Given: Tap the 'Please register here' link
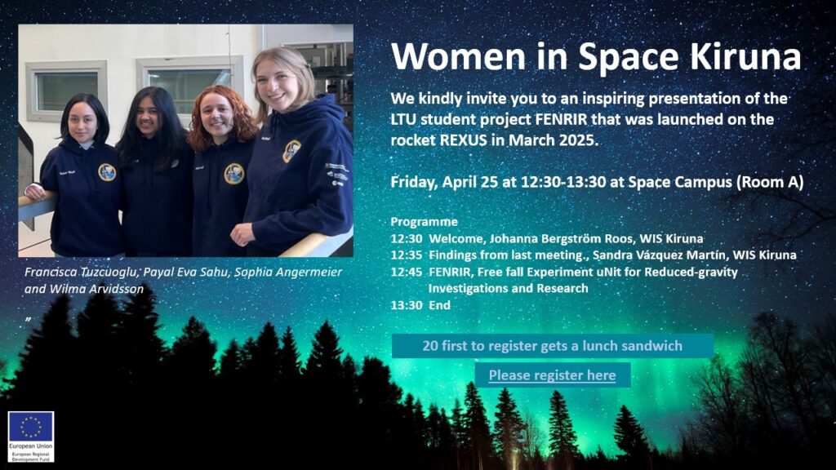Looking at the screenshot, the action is pyautogui.click(x=553, y=375).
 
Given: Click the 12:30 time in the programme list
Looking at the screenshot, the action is pyautogui.click(x=407, y=239).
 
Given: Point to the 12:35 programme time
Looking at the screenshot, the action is pyautogui.click(x=407, y=255).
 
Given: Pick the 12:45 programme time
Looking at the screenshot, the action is pyautogui.click(x=407, y=273).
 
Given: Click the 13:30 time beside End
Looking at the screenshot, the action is pyautogui.click(x=407, y=305).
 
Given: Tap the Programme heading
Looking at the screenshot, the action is pyautogui.click(x=425, y=222).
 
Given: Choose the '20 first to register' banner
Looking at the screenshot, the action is pyautogui.click(x=553, y=346).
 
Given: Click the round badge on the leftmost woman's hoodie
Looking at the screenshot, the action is pyautogui.click(x=107, y=172).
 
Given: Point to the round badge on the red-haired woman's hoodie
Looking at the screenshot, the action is pyautogui.click(x=233, y=174).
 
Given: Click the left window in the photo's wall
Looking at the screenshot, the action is pyautogui.click(x=67, y=90).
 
